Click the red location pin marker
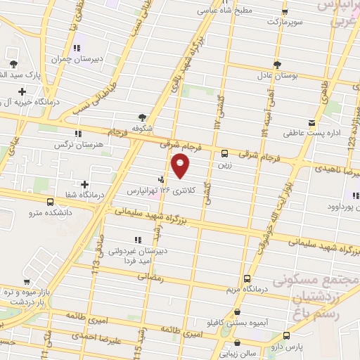coord(181,166)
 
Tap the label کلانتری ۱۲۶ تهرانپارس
coord(150,191)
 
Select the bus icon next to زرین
coord(225,153)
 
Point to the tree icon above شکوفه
coord(143,117)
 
